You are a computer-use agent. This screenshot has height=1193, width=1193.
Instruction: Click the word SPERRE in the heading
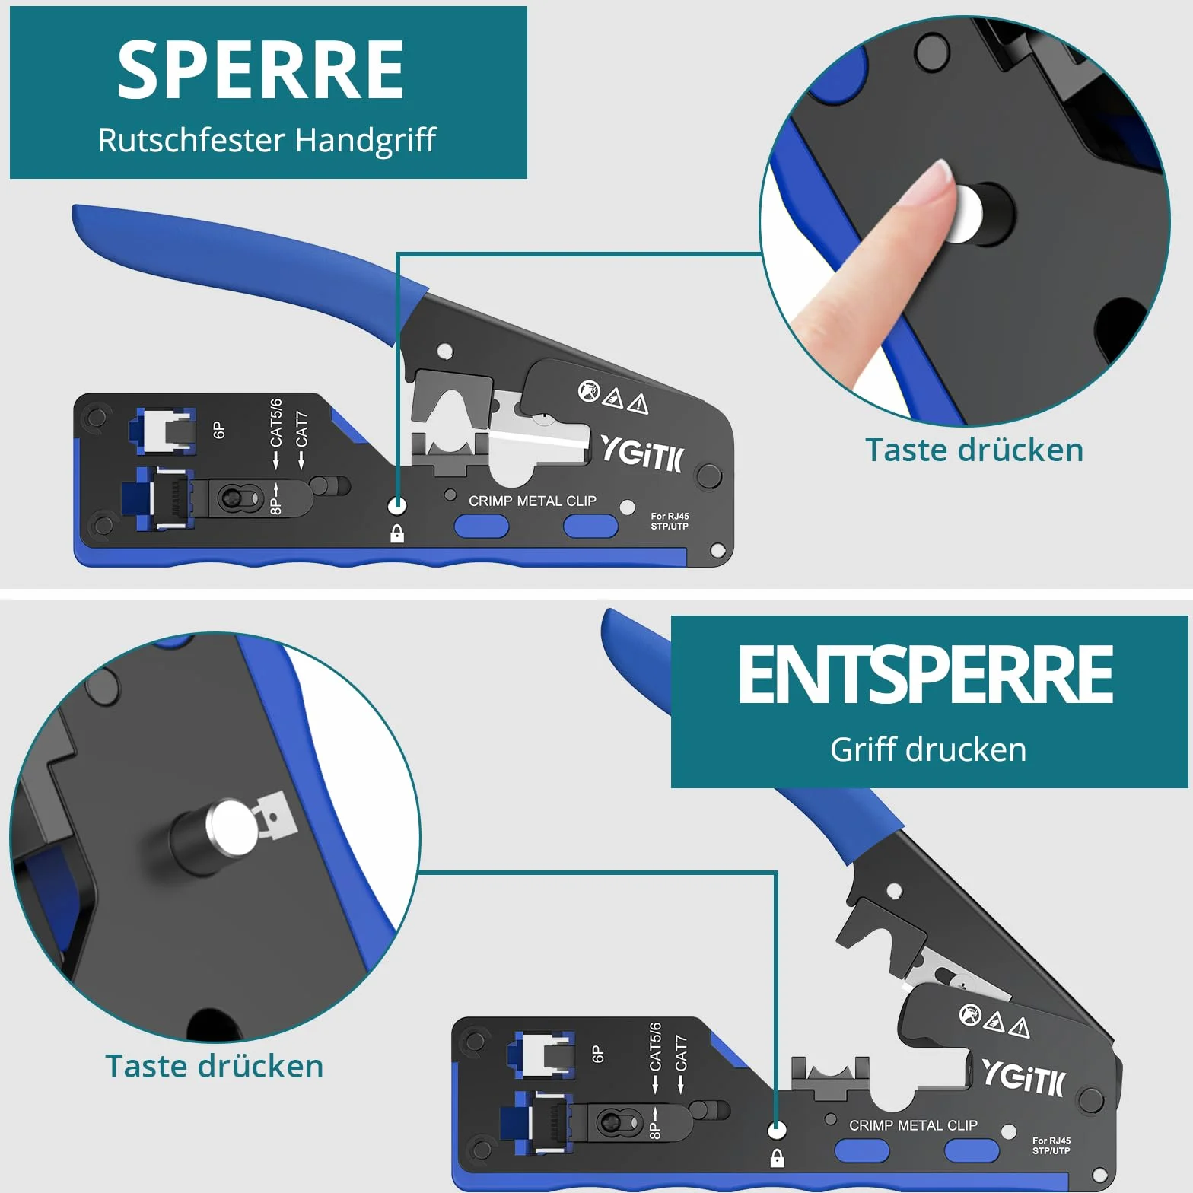(x=260, y=70)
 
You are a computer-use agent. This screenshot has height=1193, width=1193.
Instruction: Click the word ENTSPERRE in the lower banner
(x=926, y=674)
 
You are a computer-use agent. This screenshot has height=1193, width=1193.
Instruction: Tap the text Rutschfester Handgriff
(x=267, y=140)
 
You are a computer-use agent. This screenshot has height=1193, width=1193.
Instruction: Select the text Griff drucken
(x=928, y=749)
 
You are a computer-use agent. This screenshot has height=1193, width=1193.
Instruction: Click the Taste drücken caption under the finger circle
(x=974, y=450)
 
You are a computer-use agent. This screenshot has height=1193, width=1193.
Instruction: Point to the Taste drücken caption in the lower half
(x=214, y=1066)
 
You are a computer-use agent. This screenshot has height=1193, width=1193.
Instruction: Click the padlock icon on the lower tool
(x=777, y=1158)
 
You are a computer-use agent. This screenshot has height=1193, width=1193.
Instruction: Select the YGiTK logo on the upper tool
(x=642, y=454)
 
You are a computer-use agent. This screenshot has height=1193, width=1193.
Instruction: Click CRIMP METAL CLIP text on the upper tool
(x=533, y=501)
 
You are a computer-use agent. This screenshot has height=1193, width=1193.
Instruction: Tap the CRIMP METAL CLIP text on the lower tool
(x=913, y=1125)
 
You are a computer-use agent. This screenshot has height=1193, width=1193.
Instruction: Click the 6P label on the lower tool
(x=598, y=1054)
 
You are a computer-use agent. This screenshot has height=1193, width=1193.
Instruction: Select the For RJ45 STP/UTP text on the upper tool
(x=670, y=521)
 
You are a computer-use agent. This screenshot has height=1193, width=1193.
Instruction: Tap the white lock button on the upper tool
(x=397, y=504)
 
